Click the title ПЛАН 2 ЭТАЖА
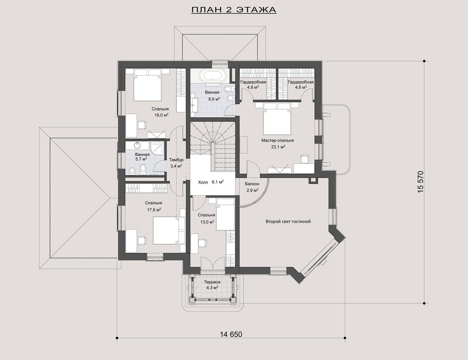[x=234, y=10]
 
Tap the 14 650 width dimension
[x=231, y=334]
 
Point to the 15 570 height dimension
[x=420, y=182]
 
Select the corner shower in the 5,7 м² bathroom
[x=158, y=149]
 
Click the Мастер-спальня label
[x=278, y=140]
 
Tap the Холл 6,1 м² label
[x=211, y=182]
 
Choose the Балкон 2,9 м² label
[x=252, y=187]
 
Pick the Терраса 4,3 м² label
[x=212, y=285]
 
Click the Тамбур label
[x=176, y=160]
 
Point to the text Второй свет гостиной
[x=288, y=222]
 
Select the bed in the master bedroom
[x=277, y=119]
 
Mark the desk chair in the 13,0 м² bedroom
[x=202, y=243]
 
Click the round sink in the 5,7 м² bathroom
[x=137, y=145]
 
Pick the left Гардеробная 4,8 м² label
[x=253, y=85]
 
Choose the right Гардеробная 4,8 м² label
[x=301, y=85]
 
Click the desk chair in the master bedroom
[x=304, y=159]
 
